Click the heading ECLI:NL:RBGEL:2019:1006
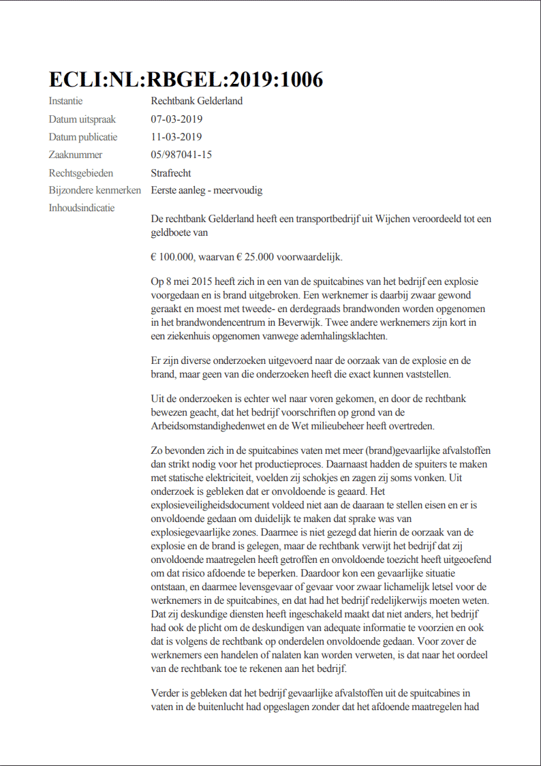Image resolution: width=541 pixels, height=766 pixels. pos(185,80)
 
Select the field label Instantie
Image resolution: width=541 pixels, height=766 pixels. pos(65,102)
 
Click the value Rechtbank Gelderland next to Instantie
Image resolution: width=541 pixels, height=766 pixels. pos(197,102)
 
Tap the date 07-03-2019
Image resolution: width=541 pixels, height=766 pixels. pos(176,119)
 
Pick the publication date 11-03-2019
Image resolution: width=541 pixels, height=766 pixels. pos(176,137)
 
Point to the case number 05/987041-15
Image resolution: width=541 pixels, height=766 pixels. pos(181,155)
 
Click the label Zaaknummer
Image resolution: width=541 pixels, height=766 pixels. pos(76,155)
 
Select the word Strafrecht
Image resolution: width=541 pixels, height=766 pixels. pos(172,173)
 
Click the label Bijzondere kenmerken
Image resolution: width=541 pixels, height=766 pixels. pos(95,191)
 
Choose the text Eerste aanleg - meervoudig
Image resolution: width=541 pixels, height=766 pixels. pos(206,191)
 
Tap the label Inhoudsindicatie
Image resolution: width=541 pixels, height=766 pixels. pos(82,208)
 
